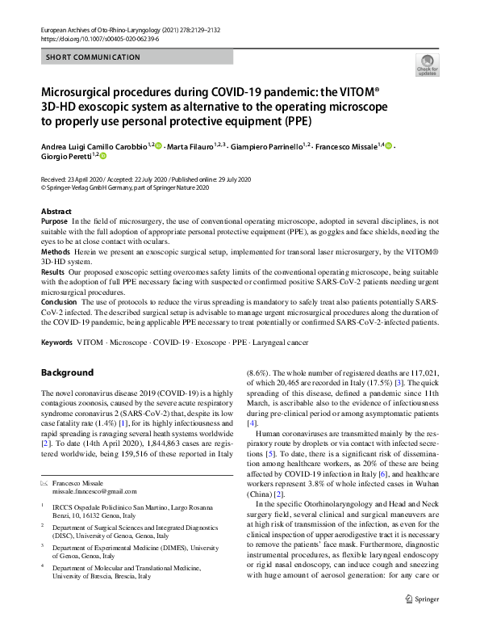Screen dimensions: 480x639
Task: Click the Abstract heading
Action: coord(56,211)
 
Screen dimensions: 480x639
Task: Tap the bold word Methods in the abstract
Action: coord(55,252)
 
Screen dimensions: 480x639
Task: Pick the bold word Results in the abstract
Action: coord(53,272)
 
